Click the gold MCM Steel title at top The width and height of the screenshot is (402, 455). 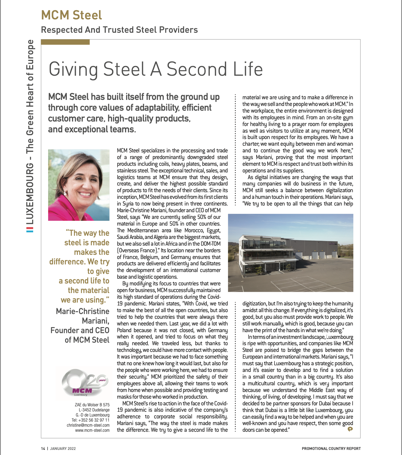(x=71, y=15)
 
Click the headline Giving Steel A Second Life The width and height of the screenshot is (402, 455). (x=155, y=69)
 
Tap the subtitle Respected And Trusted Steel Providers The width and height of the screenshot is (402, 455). (x=119, y=30)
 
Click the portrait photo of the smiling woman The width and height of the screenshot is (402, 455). (x=78, y=185)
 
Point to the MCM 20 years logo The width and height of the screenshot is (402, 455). (x=84, y=383)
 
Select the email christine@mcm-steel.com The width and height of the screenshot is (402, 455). (x=88, y=425)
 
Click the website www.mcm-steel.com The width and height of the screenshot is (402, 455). (x=92, y=430)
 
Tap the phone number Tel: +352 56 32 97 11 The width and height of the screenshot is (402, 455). (x=90, y=420)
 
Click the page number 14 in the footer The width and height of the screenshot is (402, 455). (x=43, y=449)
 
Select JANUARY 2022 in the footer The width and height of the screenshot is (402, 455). (x=63, y=449)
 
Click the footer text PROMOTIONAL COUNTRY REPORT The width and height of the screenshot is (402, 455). (x=331, y=449)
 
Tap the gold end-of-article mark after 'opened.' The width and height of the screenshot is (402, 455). (x=350, y=429)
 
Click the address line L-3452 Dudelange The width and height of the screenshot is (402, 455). (x=94, y=410)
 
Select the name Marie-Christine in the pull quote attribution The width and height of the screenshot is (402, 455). (x=83, y=311)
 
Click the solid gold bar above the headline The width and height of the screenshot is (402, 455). (x=65, y=42)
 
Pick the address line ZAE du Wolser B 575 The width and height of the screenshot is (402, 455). (x=92, y=405)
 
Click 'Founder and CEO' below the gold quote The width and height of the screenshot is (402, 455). (x=80, y=330)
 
